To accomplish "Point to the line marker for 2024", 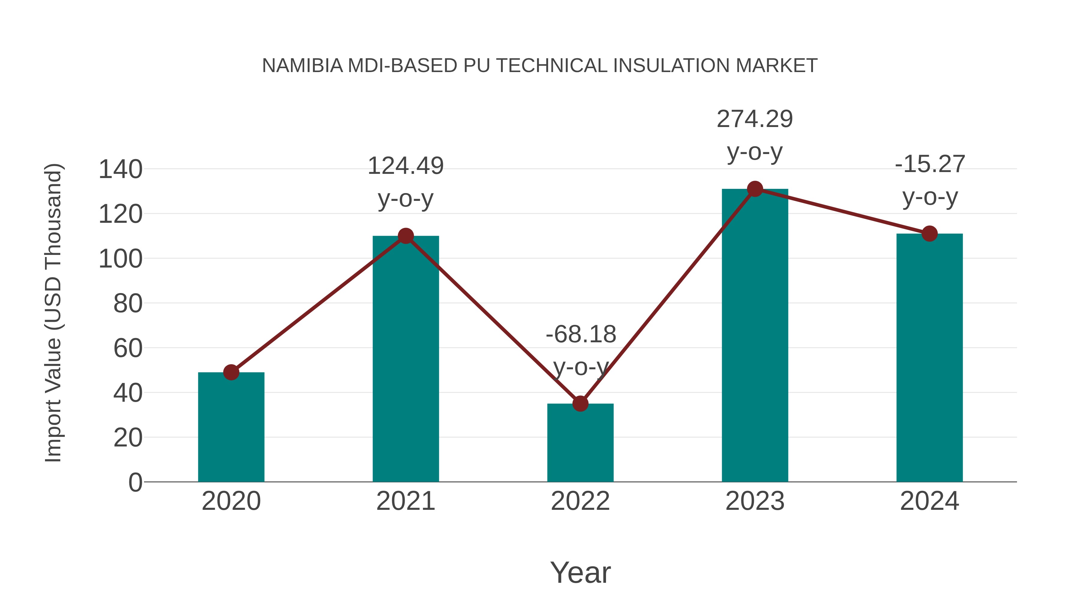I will coord(929,234).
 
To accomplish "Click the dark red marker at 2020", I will coord(231,372).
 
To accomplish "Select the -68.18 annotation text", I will coord(581,334).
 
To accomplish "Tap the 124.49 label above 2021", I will coord(405,166).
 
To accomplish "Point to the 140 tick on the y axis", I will coord(120,170).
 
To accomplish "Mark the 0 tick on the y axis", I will coord(135,482).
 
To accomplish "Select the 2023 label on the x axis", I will coord(755,501).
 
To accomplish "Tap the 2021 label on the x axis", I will coord(405,501).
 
